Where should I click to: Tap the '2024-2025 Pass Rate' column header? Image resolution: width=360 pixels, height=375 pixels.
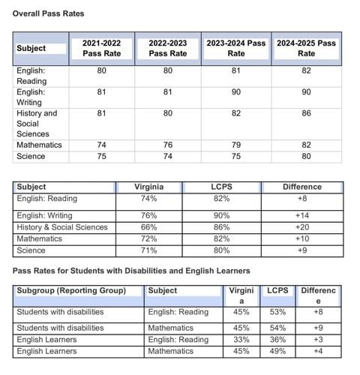pyautogui.click(x=306, y=49)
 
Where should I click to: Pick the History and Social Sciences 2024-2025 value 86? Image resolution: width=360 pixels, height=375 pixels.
pyautogui.click(x=306, y=113)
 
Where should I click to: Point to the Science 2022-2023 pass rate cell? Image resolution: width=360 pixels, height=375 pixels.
pyautogui.click(x=167, y=156)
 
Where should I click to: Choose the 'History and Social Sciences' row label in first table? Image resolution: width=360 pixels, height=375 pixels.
pyautogui.click(x=37, y=123)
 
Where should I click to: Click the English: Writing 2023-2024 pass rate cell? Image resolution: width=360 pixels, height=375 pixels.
pyautogui.click(x=235, y=92)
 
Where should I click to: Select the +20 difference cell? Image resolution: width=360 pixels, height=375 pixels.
pyautogui.click(x=302, y=227)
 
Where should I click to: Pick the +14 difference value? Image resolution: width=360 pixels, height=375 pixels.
pyautogui.click(x=302, y=216)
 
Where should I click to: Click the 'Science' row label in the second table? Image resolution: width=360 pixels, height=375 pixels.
pyautogui.click(x=31, y=250)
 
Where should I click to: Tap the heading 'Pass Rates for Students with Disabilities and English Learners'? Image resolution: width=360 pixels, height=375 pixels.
pyautogui.click(x=131, y=270)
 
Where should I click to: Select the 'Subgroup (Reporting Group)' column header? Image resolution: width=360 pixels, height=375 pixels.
pyautogui.click(x=71, y=290)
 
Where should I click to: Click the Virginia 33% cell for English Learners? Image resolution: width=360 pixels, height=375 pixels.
pyautogui.click(x=241, y=339)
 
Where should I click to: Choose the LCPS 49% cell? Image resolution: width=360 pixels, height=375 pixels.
pyautogui.click(x=277, y=350)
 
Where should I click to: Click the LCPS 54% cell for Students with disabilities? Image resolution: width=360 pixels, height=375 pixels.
pyautogui.click(x=277, y=328)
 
